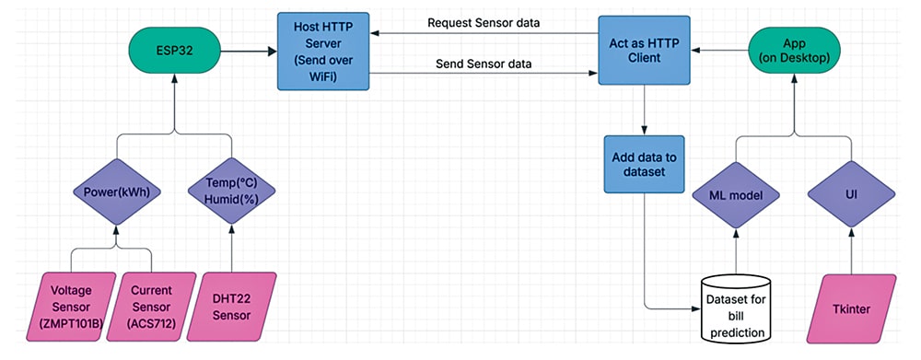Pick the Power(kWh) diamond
point(116,194)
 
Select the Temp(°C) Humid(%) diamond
point(231,194)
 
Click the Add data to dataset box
point(644,165)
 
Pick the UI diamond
point(852,194)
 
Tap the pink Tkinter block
point(852,305)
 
